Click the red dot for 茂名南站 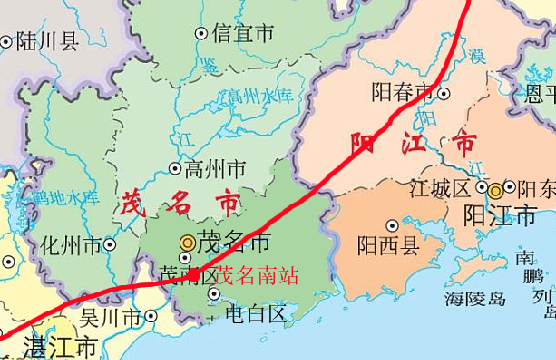pos(194,274)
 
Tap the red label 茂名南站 pos(257,276)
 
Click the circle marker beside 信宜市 pos(201,33)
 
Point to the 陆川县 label pos(47,42)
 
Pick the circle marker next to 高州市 pos(175,169)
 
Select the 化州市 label pos(71,246)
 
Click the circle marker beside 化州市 pos(109,245)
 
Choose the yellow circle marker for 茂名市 pos(187,243)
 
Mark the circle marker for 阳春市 pos(444,93)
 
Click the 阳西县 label pos(388,246)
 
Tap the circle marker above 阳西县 pos(392,225)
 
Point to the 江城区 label pos(440,188)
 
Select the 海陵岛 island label pos(474,298)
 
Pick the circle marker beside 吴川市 pos(151,316)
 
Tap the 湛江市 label pos(60,348)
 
